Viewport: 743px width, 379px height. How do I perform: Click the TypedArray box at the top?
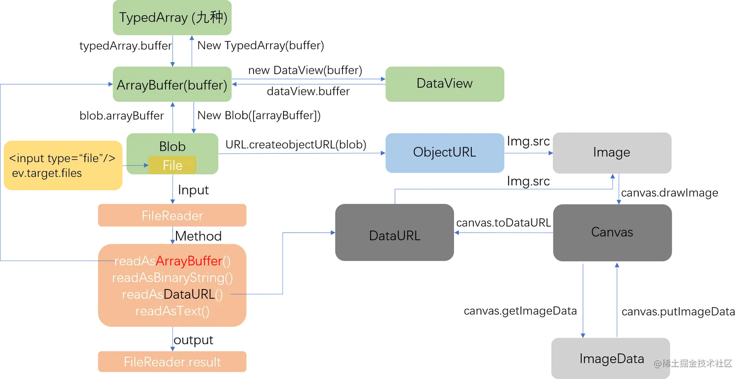pyautogui.click(x=171, y=18)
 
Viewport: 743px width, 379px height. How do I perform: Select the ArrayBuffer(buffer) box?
pyautogui.click(x=171, y=85)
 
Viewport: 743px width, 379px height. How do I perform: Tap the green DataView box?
pyautogui.click(x=444, y=83)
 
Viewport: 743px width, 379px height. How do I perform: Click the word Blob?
pyautogui.click(x=172, y=146)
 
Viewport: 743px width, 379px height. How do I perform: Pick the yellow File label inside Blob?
pyautogui.click(x=172, y=166)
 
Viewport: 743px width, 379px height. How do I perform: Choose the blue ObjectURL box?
pyautogui.click(x=444, y=152)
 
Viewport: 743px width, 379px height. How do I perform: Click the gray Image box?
pyautogui.click(x=611, y=152)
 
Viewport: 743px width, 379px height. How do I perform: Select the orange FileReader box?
pyautogui.click(x=172, y=216)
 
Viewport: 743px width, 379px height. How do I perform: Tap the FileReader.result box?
pyautogui.click(x=172, y=362)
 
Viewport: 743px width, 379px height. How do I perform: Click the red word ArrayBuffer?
pyautogui.click(x=189, y=261)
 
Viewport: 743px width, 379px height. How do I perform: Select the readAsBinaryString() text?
pyautogui.click(x=172, y=278)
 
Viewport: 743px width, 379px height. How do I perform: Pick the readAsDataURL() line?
pyautogui.click(x=172, y=294)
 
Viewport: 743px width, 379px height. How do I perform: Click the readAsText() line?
pyautogui.click(x=172, y=311)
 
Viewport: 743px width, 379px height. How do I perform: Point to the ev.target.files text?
pyautogui.click(x=47, y=173)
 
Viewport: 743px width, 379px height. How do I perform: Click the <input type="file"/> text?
pyautogui.click(x=62, y=158)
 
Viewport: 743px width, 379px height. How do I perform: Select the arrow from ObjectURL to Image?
pyautogui.click(x=528, y=153)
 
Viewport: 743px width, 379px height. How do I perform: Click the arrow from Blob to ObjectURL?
pyautogui.click(x=301, y=153)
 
